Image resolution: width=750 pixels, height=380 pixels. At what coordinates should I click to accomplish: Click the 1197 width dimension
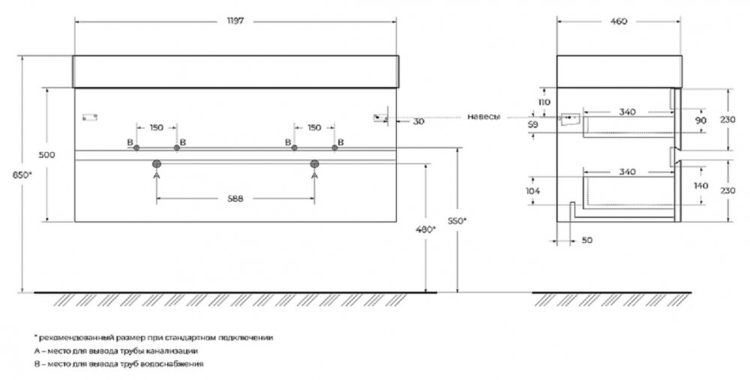click(235, 22)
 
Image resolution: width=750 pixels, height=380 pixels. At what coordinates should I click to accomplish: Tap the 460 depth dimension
click(619, 22)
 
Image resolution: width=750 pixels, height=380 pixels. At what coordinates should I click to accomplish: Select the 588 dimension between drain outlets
click(235, 199)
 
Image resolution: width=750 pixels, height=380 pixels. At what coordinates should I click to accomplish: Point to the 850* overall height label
click(22, 175)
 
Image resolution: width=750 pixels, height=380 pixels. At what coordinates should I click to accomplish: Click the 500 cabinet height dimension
click(46, 155)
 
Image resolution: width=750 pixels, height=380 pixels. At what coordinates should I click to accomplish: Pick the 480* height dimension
click(426, 229)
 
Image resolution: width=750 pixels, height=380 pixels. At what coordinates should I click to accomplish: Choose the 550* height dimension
click(457, 221)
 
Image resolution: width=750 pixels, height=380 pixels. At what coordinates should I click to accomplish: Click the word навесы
click(484, 117)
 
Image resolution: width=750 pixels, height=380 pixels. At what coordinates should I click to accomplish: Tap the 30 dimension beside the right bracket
click(418, 121)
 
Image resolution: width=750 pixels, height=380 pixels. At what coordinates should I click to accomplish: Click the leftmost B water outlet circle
click(136, 148)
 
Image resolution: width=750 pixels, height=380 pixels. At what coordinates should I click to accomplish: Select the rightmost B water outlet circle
click(334, 148)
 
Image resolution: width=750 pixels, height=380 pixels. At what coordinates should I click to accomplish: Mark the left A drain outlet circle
click(157, 164)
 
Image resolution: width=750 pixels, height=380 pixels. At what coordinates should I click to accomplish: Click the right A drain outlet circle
click(314, 164)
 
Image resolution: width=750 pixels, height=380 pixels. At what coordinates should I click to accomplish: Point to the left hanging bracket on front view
click(90, 117)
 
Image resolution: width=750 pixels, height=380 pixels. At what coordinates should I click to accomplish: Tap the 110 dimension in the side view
click(544, 102)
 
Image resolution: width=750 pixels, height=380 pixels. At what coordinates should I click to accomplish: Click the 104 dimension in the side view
click(532, 190)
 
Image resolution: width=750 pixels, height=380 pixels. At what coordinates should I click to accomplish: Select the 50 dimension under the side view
click(587, 240)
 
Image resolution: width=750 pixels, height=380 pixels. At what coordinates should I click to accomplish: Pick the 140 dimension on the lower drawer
click(700, 185)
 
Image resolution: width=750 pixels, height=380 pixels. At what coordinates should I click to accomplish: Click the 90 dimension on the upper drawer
click(700, 121)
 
